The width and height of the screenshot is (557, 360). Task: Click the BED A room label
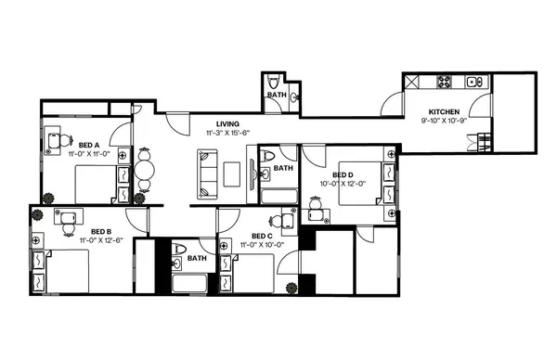pos(89,145)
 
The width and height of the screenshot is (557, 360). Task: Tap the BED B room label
pos(101,232)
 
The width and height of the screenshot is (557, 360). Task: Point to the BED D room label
pos(343,174)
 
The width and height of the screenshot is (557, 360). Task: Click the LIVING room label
pos(228,124)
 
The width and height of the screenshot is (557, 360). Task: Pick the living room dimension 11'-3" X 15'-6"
pos(228,134)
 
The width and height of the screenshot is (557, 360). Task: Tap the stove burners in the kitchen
pos(443,83)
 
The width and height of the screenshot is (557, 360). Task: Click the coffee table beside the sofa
pos(231,172)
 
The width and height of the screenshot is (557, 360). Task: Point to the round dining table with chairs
pos(143,171)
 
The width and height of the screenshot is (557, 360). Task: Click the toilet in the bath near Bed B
pos(181,248)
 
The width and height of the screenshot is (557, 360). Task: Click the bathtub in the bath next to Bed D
pos(278,196)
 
